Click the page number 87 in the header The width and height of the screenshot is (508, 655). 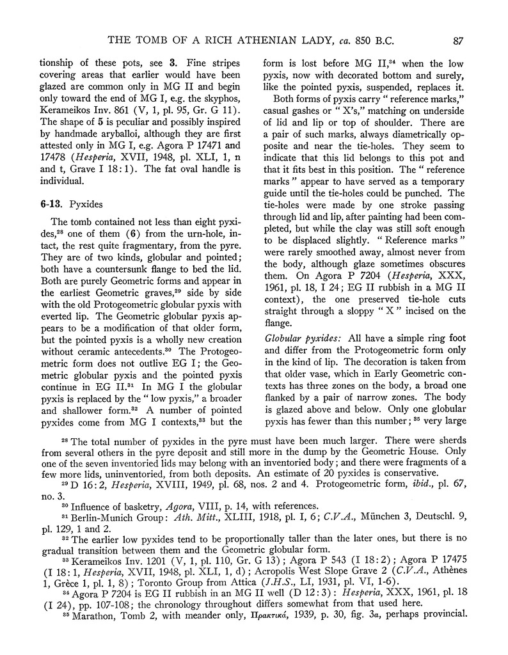[457, 41]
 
